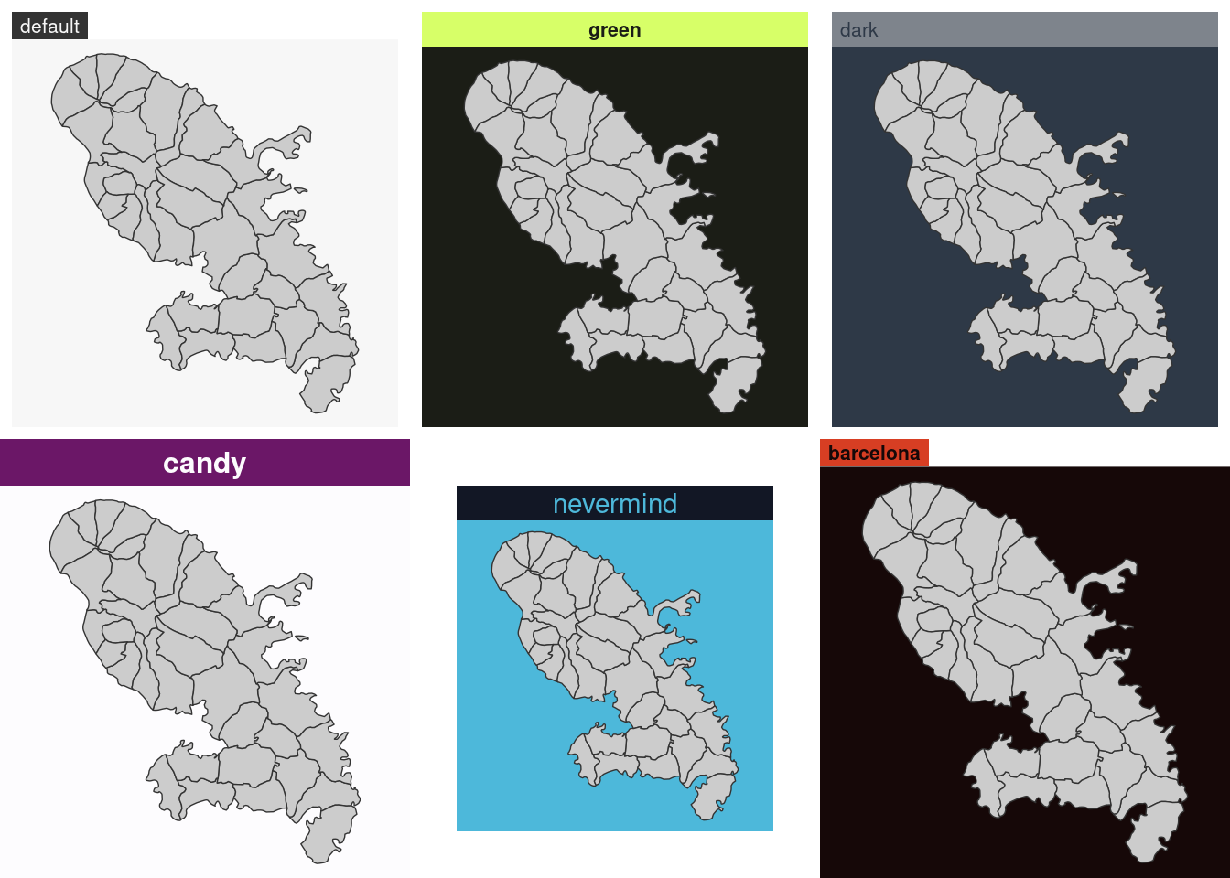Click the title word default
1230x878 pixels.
49,27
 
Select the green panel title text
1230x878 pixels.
614,30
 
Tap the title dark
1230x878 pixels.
858,30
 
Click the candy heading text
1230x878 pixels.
204,464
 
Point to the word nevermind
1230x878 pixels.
615,504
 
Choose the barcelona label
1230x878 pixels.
874,454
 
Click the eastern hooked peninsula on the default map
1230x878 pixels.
284,146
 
